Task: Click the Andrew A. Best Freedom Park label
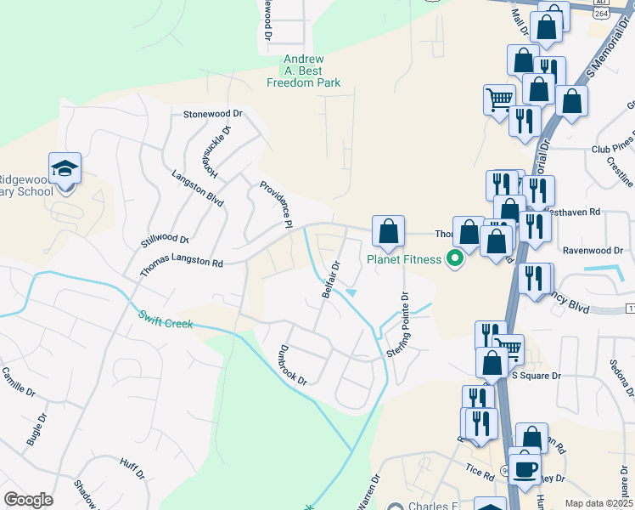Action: pos(303,71)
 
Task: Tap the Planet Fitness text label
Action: pos(404,259)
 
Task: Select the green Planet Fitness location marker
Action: pos(455,258)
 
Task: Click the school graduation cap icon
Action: pos(65,169)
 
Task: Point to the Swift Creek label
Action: pos(166,319)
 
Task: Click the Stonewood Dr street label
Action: pos(213,113)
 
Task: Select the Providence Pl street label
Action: pos(276,205)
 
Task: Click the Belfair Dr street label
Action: pos(330,280)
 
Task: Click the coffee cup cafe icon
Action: pos(524,468)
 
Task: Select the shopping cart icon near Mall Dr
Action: pos(499,99)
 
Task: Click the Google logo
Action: pos(28,500)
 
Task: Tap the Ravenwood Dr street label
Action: pos(593,251)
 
